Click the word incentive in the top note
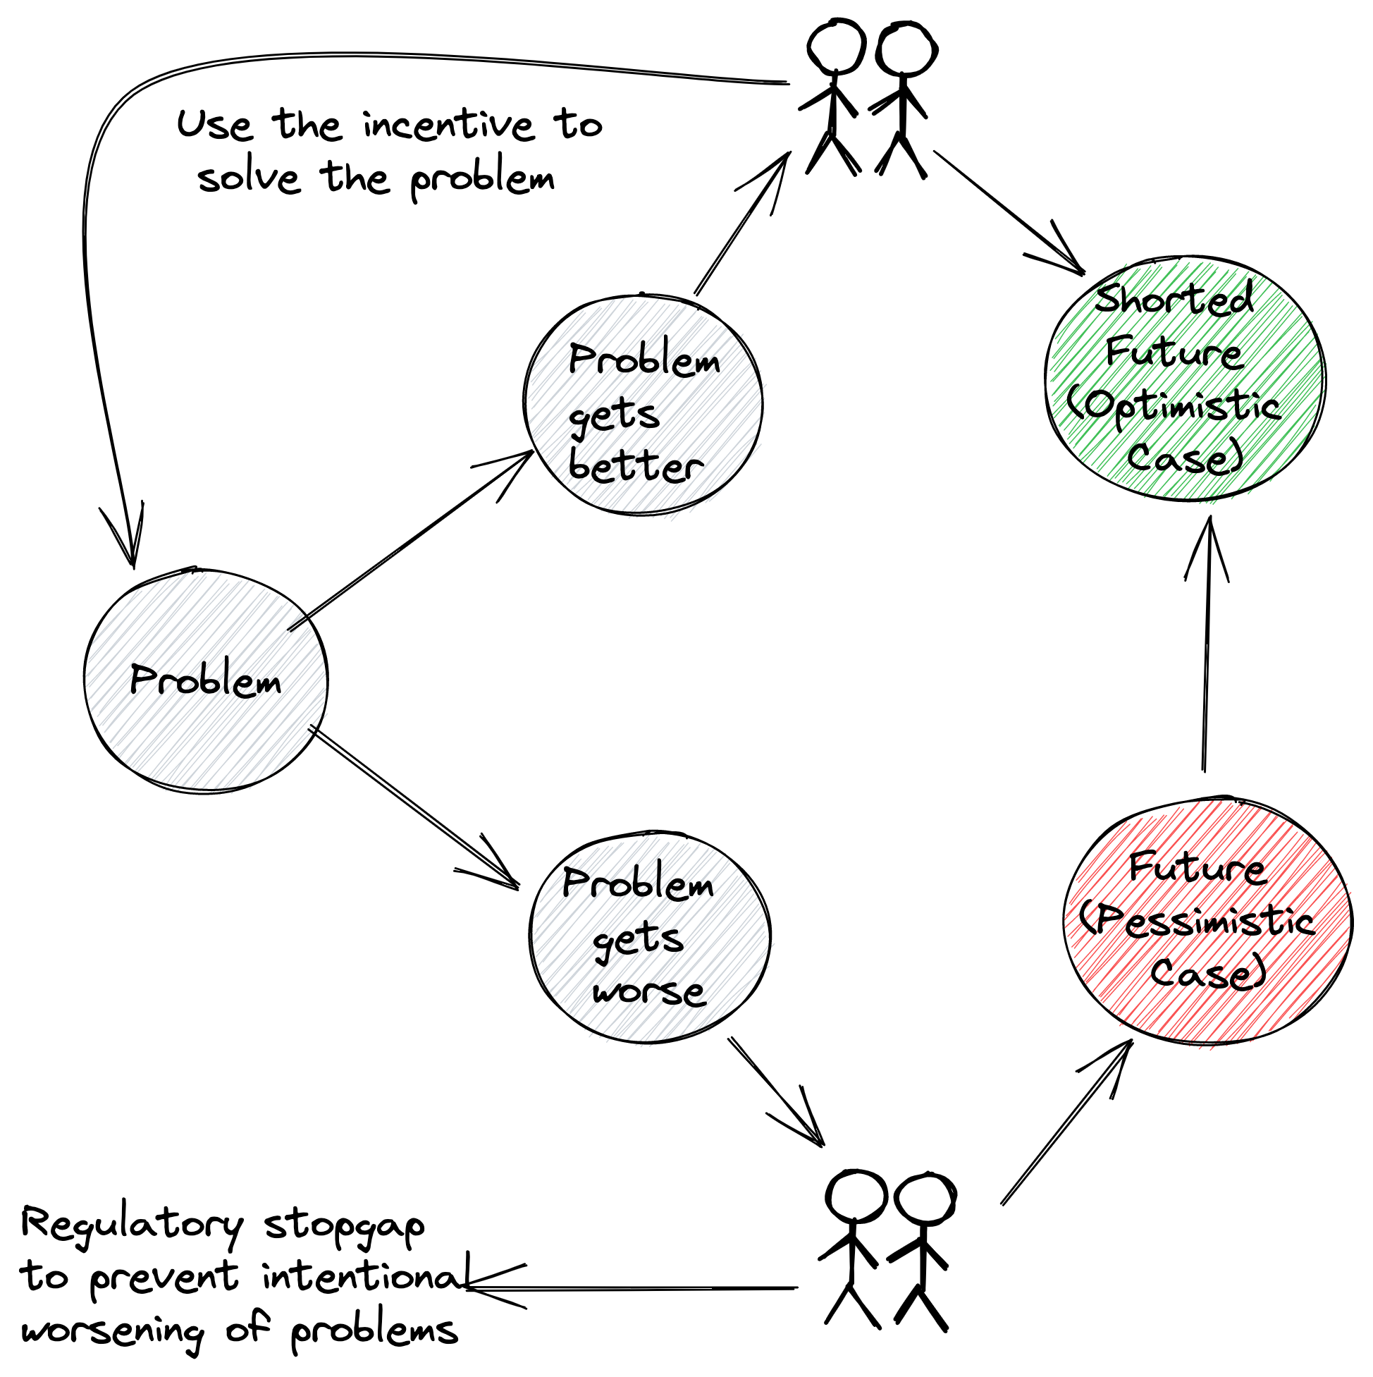(x=448, y=126)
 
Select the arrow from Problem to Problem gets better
(x=410, y=541)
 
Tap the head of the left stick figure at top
(x=836, y=47)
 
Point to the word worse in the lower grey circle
(x=648, y=991)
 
